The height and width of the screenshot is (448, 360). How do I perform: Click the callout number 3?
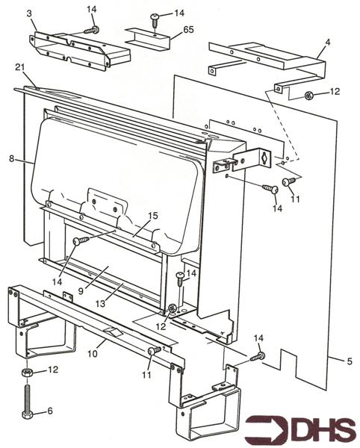(30, 14)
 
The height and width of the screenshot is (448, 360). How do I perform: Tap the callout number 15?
(152, 216)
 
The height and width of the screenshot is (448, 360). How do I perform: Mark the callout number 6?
(50, 411)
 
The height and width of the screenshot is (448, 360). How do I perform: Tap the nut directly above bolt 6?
(27, 371)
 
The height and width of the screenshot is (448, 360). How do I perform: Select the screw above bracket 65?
(155, 16)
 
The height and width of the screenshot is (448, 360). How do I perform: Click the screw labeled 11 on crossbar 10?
(153, 351)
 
